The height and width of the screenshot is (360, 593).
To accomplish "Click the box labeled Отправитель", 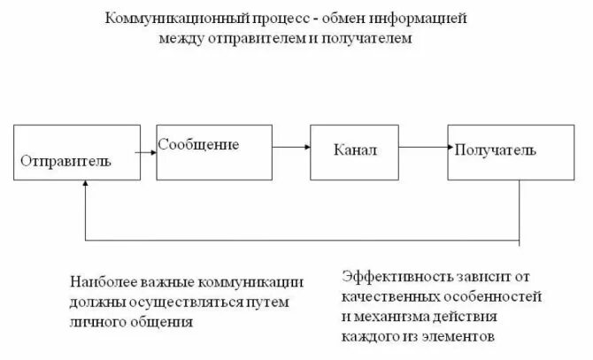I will click(77, 151).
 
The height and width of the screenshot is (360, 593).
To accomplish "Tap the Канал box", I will click(356, 151).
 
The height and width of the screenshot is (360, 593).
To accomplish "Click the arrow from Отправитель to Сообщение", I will click(146, 151).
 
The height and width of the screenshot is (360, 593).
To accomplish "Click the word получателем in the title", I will click(366, 40).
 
